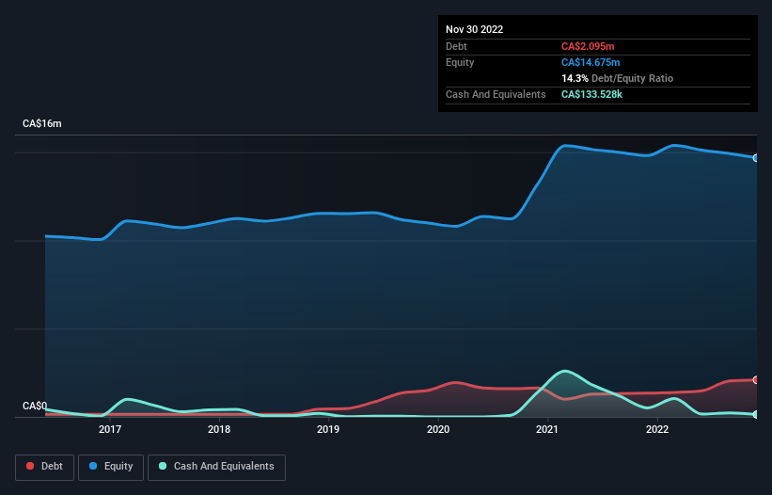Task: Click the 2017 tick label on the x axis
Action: [110, 429]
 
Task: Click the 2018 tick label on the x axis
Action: [219, 429]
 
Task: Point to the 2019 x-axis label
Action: [328, 429]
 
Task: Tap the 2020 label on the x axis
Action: [438, 429]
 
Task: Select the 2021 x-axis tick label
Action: [547, 429]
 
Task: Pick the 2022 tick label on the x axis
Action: [657, 429]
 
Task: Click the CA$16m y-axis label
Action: [42, 124]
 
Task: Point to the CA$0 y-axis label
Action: [35, 407]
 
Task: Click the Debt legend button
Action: [44, 467]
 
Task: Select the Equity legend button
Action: [110, 467]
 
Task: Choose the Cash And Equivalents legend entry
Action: [216, 467]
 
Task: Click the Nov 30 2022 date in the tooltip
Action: [475, 29]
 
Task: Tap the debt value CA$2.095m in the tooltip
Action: [588, 46]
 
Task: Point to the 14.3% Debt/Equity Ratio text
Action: [617, 78]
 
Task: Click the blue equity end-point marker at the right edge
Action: [755, 158]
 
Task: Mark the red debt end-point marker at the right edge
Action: [755, 380]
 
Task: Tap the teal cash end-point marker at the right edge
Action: [755, 414]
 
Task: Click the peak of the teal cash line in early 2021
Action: [564, 371]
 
